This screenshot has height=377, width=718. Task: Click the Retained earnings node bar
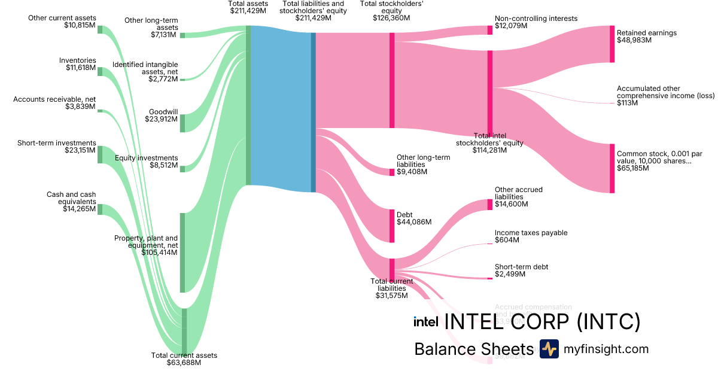611,44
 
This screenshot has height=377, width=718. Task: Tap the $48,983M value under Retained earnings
634,41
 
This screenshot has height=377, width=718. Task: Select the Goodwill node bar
182,123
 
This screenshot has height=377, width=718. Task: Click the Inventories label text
77,60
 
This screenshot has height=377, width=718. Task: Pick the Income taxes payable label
531,233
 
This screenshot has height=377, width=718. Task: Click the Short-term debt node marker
489,278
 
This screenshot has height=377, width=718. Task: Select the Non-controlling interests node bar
489,30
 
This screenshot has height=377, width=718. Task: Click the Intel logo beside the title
425,321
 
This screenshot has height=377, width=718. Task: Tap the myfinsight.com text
606,349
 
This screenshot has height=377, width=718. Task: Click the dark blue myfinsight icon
549,349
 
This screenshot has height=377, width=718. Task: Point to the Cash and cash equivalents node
100,209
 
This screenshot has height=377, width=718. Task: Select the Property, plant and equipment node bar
182,253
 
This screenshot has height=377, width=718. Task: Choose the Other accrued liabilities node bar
489,205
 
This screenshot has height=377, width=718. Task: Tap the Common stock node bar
611,168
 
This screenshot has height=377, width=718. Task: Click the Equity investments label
147,158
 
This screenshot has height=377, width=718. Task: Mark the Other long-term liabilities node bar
392,172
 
